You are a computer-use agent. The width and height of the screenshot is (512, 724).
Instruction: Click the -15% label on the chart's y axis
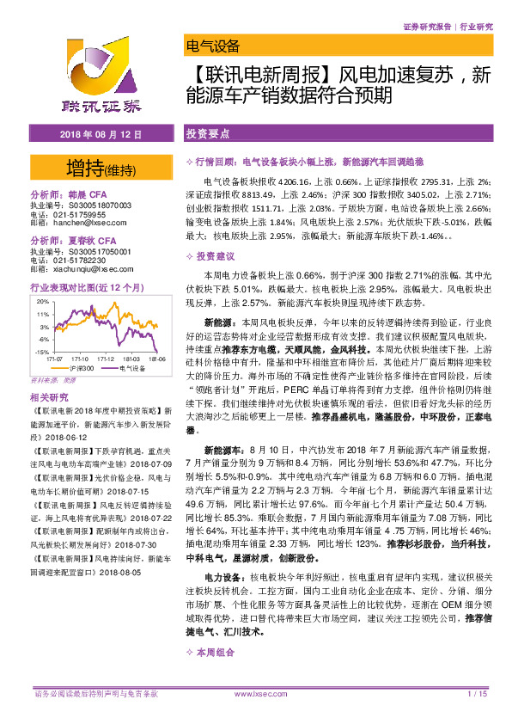coord(41,353)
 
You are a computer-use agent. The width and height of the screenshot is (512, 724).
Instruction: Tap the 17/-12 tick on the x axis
coord(105,359)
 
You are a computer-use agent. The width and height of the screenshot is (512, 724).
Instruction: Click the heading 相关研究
coord(49,397)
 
